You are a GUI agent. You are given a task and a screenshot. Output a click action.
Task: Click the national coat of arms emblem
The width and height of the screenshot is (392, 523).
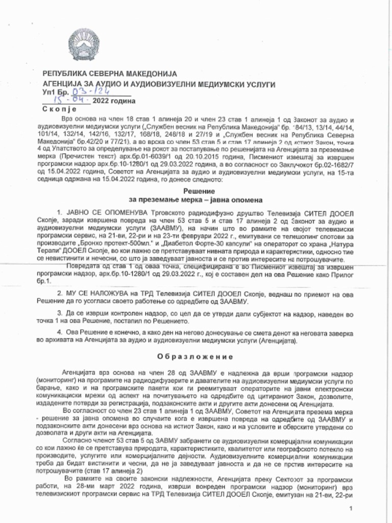85,45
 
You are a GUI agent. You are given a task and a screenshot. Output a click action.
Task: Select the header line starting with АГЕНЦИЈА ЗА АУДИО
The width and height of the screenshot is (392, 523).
159,84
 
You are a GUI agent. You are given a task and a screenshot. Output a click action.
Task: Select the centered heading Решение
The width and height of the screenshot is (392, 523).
196,191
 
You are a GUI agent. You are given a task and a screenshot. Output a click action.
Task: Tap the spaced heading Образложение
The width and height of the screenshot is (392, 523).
195,356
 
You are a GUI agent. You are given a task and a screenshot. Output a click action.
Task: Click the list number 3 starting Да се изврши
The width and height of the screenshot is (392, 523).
60,313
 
